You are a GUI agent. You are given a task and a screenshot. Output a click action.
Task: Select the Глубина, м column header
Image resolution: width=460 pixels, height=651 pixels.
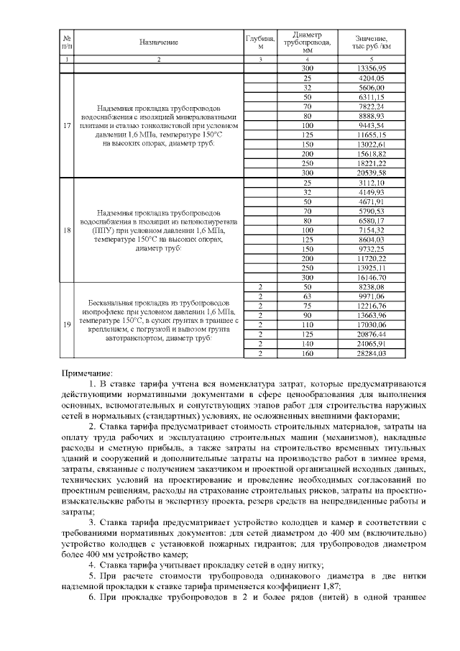click(x=261, y=42)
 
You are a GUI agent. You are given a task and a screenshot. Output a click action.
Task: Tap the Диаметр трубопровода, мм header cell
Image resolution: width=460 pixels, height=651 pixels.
click(x=308, y=42)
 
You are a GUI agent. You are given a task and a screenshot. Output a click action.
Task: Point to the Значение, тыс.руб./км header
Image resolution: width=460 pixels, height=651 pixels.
click(x=372, y=42)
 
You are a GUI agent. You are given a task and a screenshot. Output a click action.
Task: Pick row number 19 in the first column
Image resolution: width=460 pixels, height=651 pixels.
click(x=67, y=324)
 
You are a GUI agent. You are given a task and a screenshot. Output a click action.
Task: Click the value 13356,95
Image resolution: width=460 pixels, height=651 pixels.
click(x=372, y=68)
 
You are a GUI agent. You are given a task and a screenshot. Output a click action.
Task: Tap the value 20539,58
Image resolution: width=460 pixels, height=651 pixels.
click(x=372, y=173)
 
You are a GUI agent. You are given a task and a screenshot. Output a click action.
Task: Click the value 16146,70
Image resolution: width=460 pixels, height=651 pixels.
click(x=372, y=277)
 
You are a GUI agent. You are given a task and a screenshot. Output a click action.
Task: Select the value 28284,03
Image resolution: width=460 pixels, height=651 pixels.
click(x=372, y=353)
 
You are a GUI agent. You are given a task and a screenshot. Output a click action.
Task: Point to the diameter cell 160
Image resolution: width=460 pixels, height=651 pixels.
click(x=308, y=353)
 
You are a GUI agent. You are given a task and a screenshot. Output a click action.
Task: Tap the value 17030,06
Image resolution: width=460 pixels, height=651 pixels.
click(x=372, y=324)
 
